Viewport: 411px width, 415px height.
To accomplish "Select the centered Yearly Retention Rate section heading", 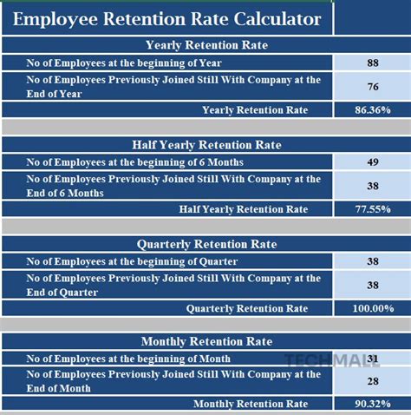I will [206, 45].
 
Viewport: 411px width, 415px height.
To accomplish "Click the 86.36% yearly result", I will [371, 110].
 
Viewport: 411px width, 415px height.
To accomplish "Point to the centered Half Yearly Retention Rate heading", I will [206, 145].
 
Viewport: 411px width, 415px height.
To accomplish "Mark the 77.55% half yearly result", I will [371, 209].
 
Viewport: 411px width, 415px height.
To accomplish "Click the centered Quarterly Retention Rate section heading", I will [206, 244].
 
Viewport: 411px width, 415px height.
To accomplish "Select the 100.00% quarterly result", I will [371, 308].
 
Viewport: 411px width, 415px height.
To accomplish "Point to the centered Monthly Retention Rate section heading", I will [206, 342].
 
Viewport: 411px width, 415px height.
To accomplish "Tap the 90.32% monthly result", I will [371, 405].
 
